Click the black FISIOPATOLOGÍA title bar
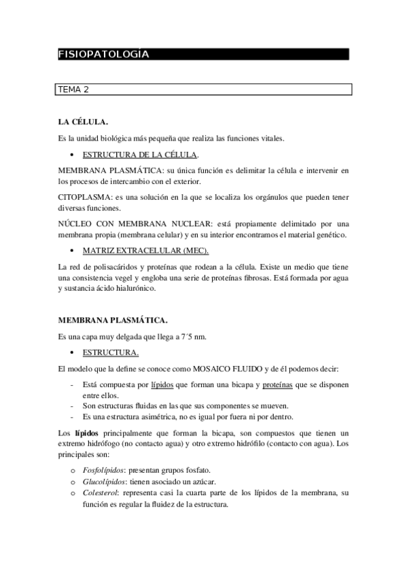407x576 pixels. point(203,54)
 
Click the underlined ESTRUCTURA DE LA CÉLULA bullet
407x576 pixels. point(139,155)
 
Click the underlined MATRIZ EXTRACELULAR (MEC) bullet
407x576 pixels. point(135,251)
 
